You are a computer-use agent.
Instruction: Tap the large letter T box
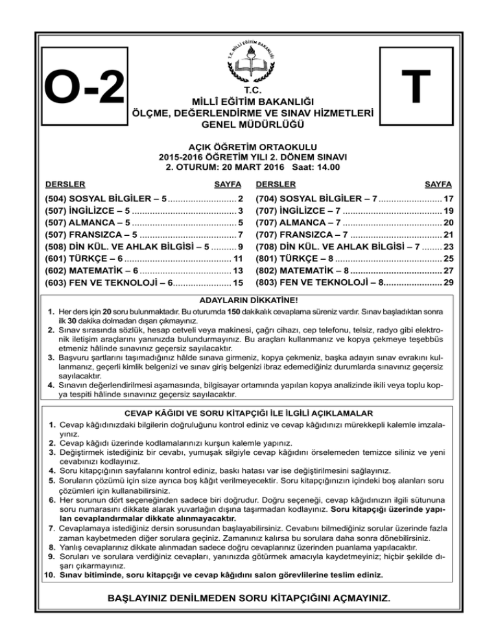(x=414, y=88)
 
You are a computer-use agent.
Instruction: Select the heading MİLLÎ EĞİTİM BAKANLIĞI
(x=249, y=102)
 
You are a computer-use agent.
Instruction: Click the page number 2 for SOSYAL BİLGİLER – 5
(x=241, y=198)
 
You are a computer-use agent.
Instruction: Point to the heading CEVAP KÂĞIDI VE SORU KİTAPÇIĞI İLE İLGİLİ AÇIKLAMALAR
(x=249, y=413)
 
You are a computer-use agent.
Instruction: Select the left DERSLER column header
(x=64, y=183)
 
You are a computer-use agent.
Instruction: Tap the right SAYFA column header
(x=438, y=183)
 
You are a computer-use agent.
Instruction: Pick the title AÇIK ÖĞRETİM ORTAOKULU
(x=249, y=146)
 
